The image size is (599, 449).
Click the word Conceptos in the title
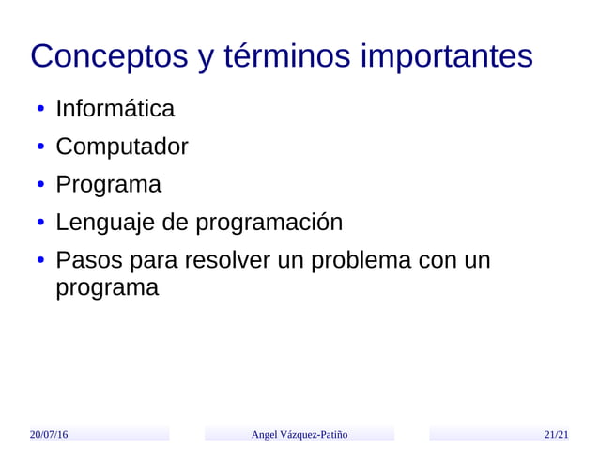110,57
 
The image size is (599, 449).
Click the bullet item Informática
115,109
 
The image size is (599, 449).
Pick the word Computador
121,147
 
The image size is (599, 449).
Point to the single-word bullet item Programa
108,185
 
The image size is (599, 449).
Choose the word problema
359,260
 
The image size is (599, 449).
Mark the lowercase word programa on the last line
107,287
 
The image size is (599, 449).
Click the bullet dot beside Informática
41,111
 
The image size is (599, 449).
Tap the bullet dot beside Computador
41,148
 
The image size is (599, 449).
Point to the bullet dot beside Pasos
41,261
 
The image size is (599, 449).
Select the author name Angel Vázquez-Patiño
299,434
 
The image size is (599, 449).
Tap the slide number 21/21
556,434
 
